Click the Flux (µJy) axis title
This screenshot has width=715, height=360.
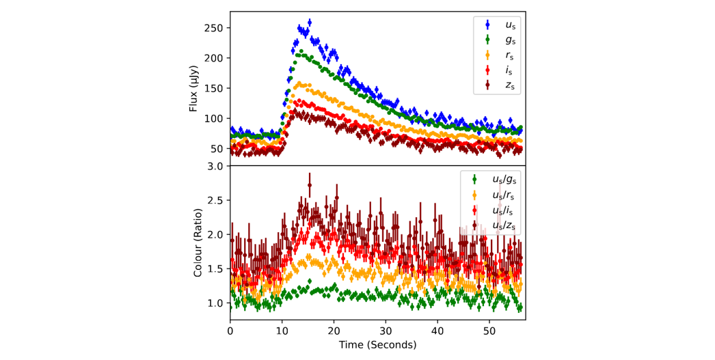tap(193, 89)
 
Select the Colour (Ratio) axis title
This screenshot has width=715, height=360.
tap(198, 243)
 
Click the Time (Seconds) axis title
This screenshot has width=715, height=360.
tap(377, 345)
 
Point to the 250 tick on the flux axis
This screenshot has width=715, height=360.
tap(214, 28)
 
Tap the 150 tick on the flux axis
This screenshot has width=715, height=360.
tap(214, 88)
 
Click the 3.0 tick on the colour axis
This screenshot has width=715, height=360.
tap(215, 166)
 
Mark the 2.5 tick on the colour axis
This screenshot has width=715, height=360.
tap(215, 200)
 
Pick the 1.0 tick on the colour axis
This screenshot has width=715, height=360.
tap(215, 303)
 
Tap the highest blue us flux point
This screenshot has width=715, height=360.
tap(310, 23)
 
